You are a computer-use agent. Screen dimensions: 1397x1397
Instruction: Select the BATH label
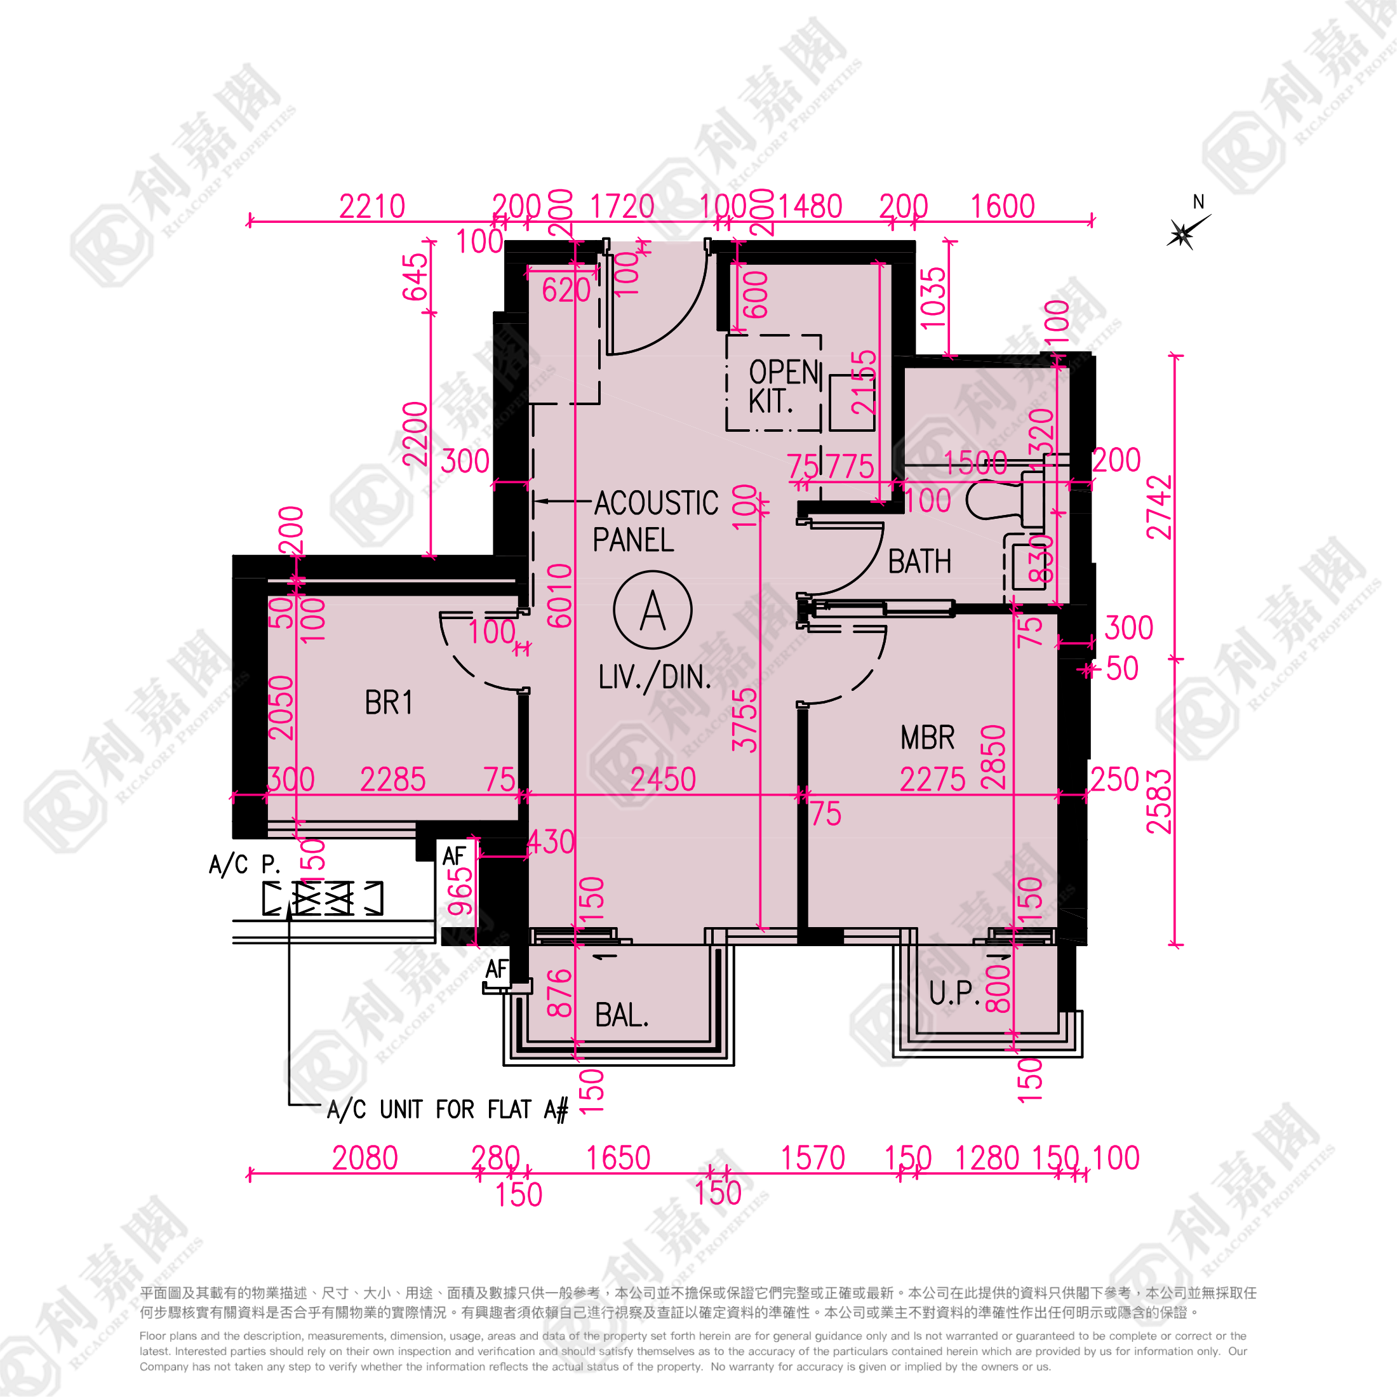[919, 562]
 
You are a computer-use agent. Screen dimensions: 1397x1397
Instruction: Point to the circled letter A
[652, 610]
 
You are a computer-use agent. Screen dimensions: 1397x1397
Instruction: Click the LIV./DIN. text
[655, 678]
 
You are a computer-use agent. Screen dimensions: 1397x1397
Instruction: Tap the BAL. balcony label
[621, 1016]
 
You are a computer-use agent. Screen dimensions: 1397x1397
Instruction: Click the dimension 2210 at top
[371, 207]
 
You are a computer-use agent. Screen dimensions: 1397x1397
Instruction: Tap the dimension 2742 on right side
[1159, 507]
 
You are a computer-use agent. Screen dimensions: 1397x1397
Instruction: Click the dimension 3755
[745, 720]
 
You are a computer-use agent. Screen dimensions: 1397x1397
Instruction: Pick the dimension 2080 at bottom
[364, 1158]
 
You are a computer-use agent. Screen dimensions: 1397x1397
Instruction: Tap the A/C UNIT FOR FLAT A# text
[448, 1109]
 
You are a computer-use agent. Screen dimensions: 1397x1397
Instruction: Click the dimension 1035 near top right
[933, 297]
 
